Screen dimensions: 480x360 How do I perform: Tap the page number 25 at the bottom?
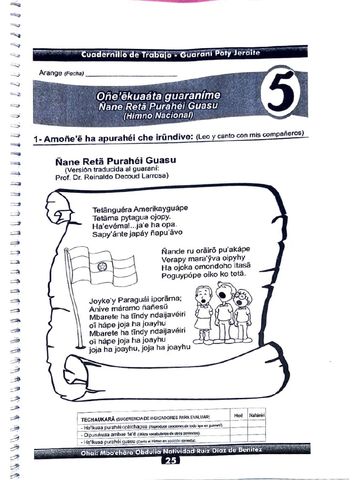[x=171, y=461]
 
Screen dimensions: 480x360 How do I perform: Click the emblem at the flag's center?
[x=102, y=267]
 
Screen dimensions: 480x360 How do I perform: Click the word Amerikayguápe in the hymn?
[x=160, y=208]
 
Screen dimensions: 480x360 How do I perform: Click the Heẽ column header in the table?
[x=239, y=415]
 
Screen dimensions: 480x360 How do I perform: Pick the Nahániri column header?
[x=257, y=415]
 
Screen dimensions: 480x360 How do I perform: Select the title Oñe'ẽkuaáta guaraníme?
[x=157, y=96]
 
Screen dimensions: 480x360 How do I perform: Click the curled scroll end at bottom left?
[x=77, y=370]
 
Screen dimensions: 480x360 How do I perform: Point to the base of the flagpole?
[x=81, y=347]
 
